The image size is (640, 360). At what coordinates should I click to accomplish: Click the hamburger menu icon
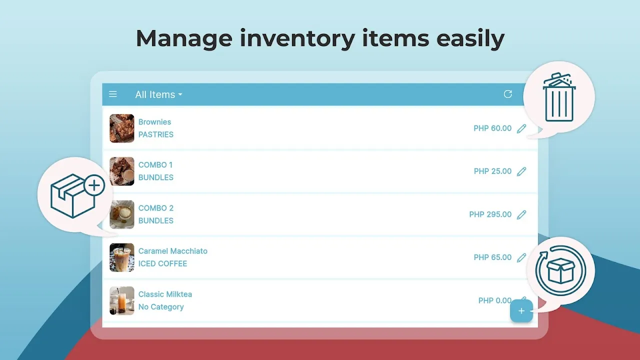tap(113, 94)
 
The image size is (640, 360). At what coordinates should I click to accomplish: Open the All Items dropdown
tap(158, 94)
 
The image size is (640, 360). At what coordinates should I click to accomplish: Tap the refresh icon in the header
tap(507, 94)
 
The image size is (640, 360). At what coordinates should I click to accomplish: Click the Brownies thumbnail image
tap(121, 128)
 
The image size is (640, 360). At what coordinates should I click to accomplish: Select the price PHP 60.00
tap(492, 128)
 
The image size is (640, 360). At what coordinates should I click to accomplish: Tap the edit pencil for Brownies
tap(521, 128)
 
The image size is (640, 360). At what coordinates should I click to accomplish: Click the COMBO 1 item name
tap(155, 165)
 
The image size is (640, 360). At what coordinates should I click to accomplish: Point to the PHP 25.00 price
tap(492, 171)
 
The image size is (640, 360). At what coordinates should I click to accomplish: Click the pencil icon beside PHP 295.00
tap(521, 214)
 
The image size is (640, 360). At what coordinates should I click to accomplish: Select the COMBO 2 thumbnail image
tap(121, 214)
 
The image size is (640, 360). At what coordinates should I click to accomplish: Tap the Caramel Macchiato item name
tap(173, 251)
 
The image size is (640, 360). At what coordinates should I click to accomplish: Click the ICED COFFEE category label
tap(162, 263)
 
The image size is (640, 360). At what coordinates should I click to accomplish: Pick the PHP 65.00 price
tap(492, 257)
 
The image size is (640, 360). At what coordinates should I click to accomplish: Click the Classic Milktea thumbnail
tap(121, 301)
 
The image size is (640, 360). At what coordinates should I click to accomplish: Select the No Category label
tap(161, 307)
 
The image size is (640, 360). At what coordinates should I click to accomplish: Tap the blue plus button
tap(521, 311)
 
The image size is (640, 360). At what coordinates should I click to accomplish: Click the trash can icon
tap(559, 97)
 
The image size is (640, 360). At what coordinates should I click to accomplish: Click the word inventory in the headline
tap(297, 39)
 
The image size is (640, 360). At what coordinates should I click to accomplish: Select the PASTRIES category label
tap(155, 134)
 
